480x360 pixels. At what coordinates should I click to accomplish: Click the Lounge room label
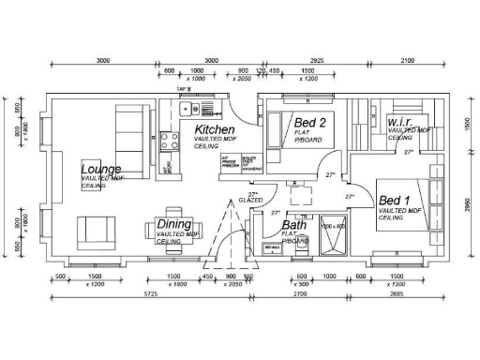[101, 169]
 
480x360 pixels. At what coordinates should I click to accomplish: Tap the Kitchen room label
[214, 128]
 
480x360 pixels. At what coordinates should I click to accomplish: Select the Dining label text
[173, 225]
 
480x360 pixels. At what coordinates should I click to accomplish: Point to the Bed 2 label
[310, 123]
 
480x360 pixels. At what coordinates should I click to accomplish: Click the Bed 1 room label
[395, 201]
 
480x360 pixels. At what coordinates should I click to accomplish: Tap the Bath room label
[294, 226]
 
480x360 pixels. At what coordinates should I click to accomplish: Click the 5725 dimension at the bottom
[149, 294]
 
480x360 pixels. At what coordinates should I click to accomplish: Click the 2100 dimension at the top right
[408, 60]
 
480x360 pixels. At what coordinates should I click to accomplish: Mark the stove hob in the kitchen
[171, 142]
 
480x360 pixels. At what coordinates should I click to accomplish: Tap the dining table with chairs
[173, 226]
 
